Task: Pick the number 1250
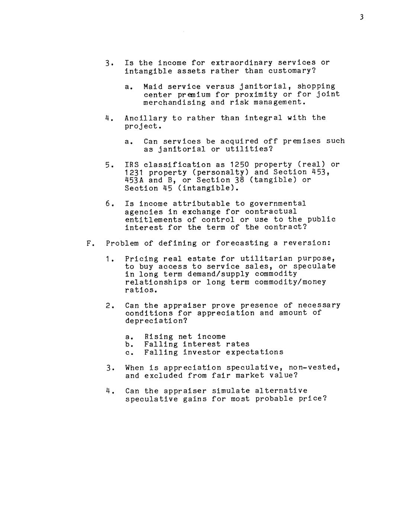pyautogui.click(x=240, y=164)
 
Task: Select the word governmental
pyautogui.click(x=277, y=204)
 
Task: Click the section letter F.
pyautogui.click(x=89, y=243)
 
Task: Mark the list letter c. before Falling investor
pyautogui.click(x=128, y=352)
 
